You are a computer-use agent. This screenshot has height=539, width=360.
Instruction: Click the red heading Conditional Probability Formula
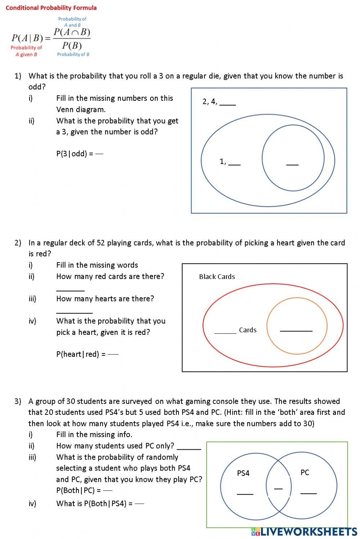(x=51, y=8)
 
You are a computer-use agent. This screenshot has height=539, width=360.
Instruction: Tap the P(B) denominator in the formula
(x=72, y=45)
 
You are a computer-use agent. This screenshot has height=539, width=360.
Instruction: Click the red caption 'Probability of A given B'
(x=26, y=51)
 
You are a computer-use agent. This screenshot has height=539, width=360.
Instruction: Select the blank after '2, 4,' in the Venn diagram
(x=228, y=102)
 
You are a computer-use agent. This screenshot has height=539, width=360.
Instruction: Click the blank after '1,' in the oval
(x=234, y=162)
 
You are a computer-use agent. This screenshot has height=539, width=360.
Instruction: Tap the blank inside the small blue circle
(x=292, y=163)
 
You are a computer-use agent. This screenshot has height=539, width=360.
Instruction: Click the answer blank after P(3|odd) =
(x=100, y=154)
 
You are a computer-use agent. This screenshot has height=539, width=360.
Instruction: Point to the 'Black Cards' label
(x=217, y=277)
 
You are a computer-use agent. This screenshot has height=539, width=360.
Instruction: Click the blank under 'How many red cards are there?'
(x=70, y=288)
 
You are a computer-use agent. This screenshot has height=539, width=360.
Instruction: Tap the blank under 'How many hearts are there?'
(x=74, y=310)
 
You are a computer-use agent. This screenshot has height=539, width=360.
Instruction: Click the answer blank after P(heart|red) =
(x=113, y=354)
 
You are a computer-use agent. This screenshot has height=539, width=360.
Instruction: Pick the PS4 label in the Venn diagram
(x=243, y=473)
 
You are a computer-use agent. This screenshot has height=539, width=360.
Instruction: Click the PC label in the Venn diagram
(x=305, y=472)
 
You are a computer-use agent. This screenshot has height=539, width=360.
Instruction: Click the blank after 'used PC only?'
(x=189, y=447)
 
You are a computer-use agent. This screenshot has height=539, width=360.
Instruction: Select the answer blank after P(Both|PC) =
(x=108, y=490)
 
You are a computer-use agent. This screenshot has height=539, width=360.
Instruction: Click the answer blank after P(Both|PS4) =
(x=139, y=503)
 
